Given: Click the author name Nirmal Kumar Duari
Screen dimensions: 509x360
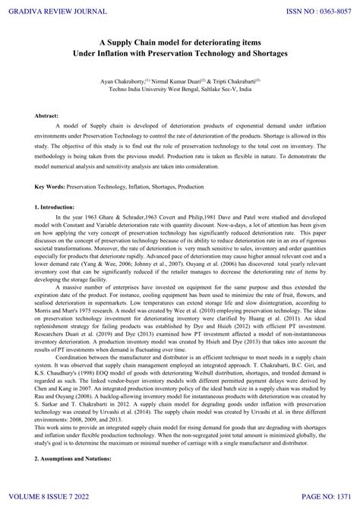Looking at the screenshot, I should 183,80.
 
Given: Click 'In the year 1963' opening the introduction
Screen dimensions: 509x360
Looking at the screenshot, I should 84,217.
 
